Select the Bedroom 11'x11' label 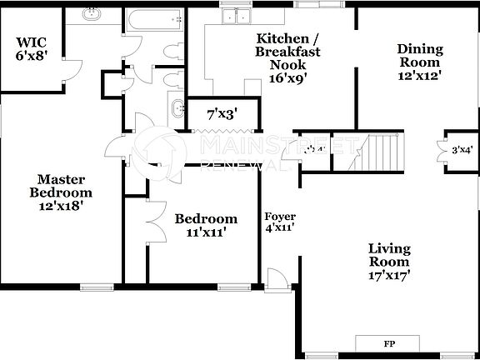point(205,225)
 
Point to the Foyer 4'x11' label point(279,222)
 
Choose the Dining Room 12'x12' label point(418,61)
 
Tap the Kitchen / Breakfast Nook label point(288,58)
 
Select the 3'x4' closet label point(462,151)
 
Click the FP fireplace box point(388,343)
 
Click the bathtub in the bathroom point(153,17)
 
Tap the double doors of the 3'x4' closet point(442,150)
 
